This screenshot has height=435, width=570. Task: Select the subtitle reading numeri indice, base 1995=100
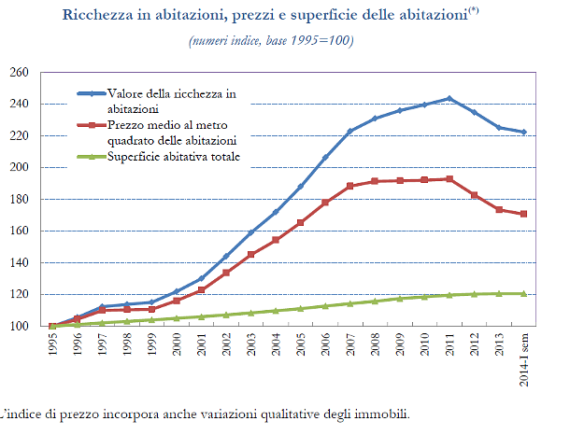271,42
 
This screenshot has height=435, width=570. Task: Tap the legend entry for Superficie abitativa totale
174,157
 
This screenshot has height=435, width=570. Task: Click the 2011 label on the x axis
450,348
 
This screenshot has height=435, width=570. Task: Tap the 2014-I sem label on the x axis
524,358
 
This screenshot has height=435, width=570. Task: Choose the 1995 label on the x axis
52,348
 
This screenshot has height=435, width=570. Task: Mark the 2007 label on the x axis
350,348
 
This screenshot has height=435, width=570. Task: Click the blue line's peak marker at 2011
449,98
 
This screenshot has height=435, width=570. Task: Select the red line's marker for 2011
449,179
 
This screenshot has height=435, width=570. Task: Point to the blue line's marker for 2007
350,131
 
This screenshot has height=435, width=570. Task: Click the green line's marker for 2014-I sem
523,293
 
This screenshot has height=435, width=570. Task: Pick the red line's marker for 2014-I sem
523,214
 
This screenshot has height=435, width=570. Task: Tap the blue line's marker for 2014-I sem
523,132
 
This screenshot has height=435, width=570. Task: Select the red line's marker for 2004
276,240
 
